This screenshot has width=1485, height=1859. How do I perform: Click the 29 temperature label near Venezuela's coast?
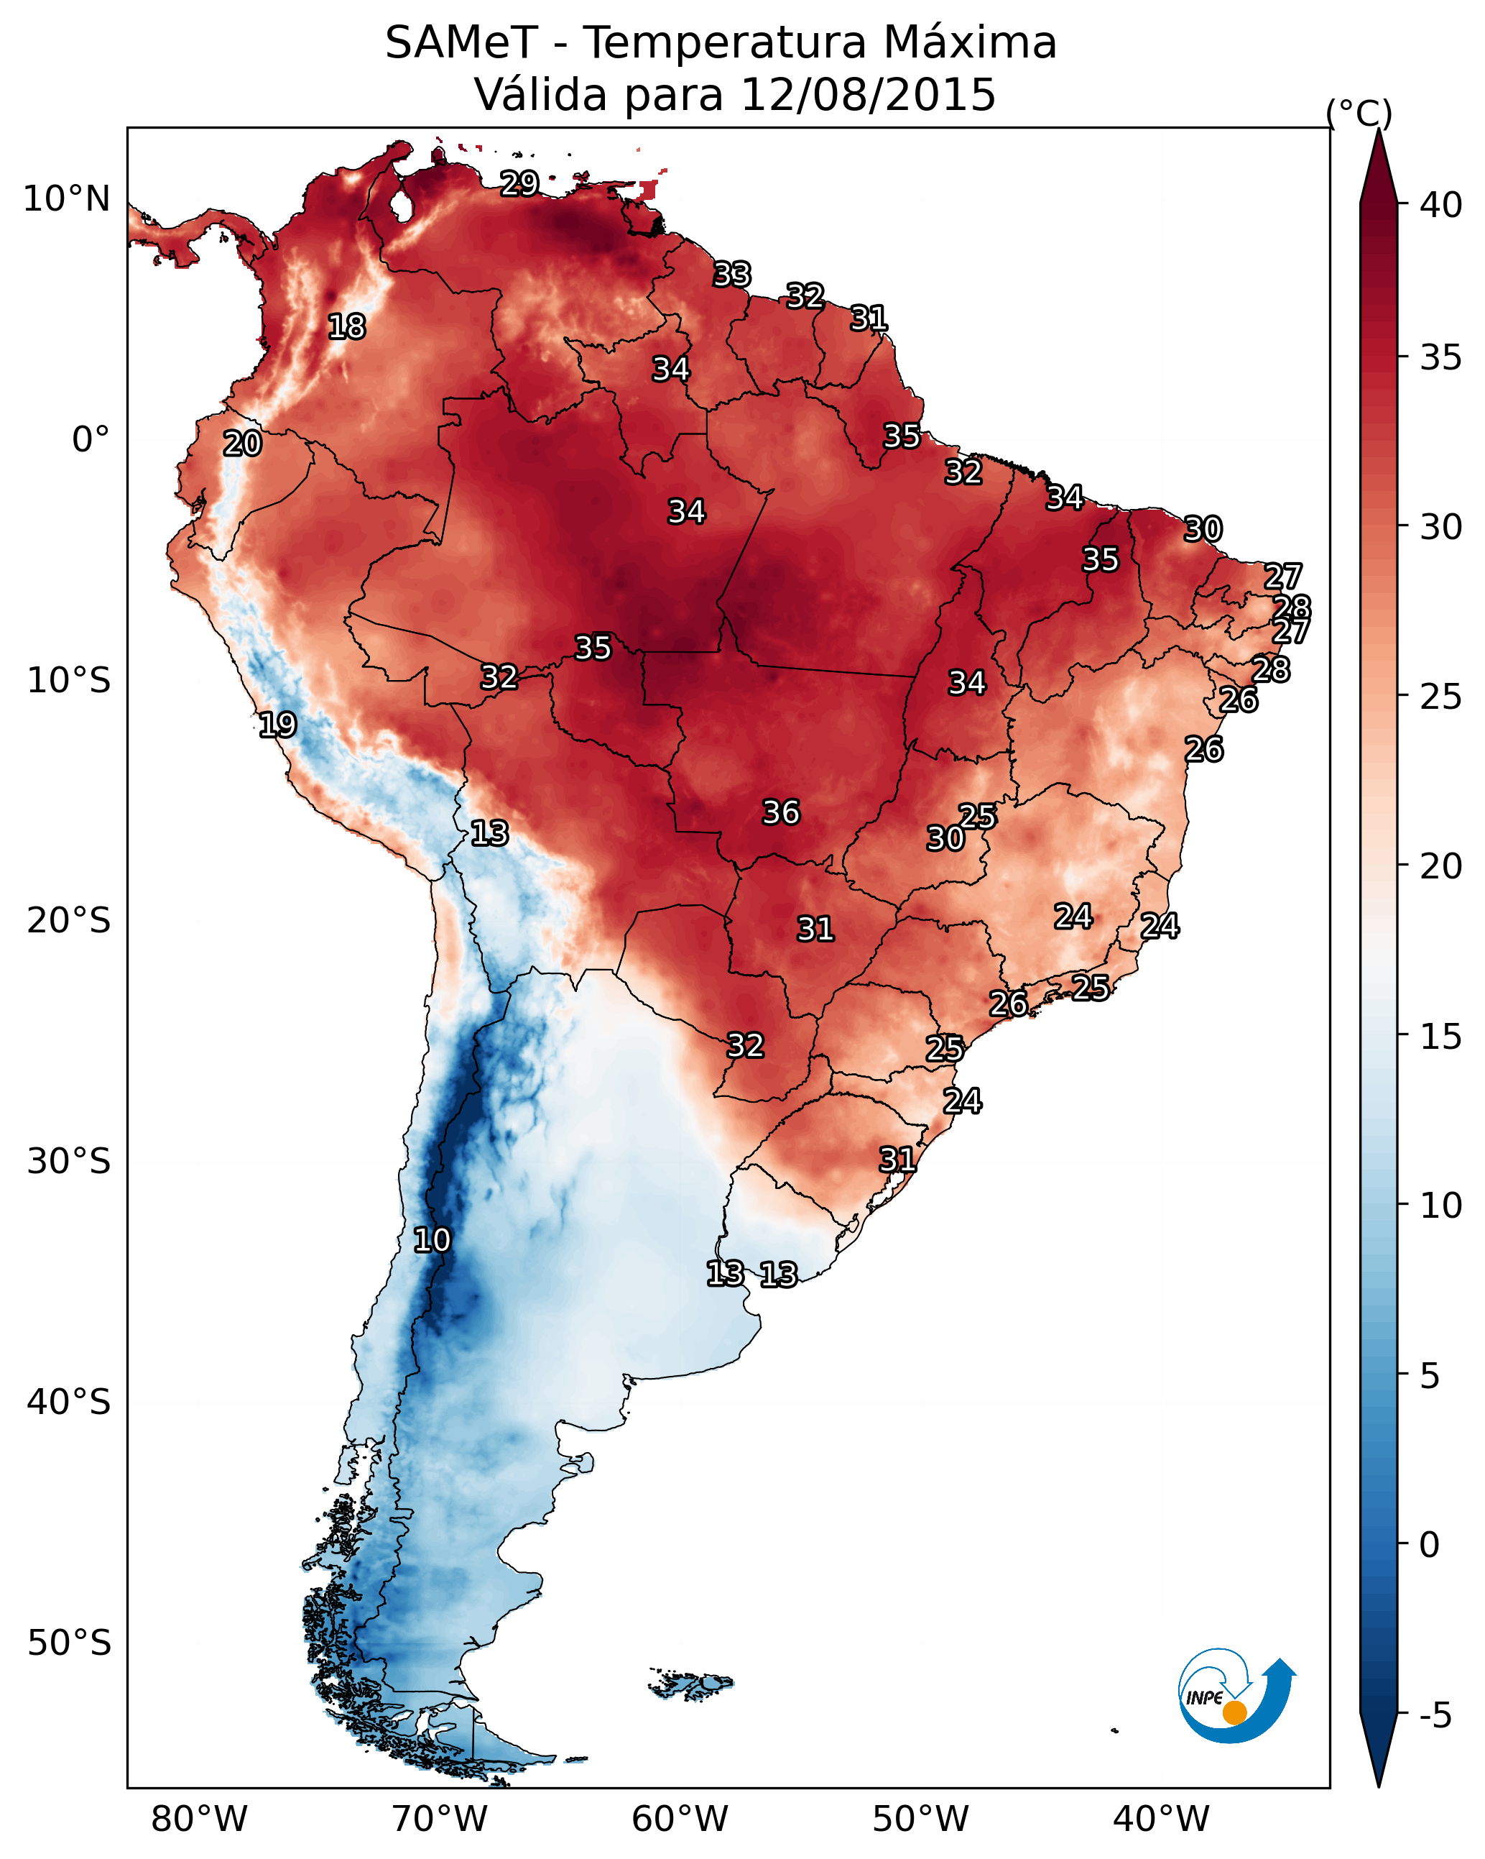[519, 183]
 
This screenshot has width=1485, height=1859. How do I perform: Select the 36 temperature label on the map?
[781, 812]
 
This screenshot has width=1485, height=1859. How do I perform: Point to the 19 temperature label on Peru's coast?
[277, 725]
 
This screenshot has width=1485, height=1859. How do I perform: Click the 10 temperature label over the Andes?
[432, 1239]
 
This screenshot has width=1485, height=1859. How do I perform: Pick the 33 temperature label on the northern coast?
[732, 274]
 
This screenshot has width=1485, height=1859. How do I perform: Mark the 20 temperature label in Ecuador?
[242, 444]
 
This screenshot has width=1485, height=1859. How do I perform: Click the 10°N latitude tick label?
[66, 199]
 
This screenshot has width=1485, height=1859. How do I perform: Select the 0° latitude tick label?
[91, 440]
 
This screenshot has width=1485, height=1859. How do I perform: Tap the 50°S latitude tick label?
[69, 1643]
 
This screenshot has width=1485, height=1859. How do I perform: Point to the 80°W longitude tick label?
[199, 1819]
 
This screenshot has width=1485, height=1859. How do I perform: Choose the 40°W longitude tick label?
[1161, 1819]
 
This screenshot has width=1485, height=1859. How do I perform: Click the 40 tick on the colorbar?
[1441, 205]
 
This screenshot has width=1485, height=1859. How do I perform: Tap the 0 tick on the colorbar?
[1429, 1544]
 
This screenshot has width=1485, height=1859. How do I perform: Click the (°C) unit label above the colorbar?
[1359, 113]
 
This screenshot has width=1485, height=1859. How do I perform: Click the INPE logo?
[1236, 1695]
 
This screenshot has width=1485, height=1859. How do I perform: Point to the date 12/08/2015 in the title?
[867, 94]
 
